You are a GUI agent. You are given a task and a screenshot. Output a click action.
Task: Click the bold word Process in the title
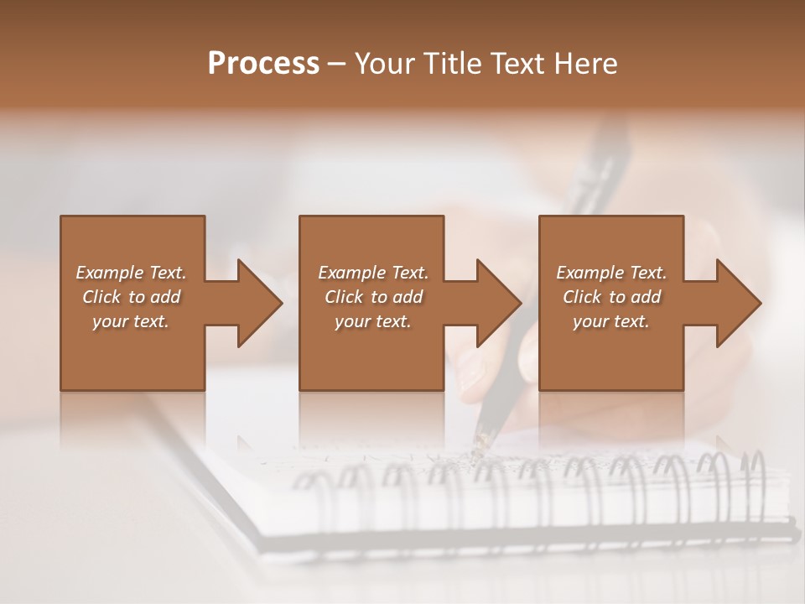click(263, 64)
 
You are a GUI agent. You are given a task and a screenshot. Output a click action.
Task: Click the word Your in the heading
click(382, 64)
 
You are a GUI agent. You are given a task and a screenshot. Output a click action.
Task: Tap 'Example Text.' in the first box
click(132, 273)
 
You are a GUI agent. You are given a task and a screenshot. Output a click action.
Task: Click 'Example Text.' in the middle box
click(373, 273)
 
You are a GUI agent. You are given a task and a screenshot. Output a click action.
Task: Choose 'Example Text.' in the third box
click(611, 273)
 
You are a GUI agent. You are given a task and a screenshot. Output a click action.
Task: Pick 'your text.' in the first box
click(132, 321)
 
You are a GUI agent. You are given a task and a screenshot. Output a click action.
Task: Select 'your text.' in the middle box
click(373, 321)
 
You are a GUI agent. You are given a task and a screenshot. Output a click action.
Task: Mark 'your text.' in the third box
click(611, 321)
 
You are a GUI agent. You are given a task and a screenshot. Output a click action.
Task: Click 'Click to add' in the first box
click(132, 297)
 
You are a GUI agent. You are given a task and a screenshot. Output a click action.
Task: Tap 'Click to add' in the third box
click(611, 297)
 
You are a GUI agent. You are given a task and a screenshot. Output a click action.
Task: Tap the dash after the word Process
click(337, 64)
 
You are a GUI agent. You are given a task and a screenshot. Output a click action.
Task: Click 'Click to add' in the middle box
click(373, 297)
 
